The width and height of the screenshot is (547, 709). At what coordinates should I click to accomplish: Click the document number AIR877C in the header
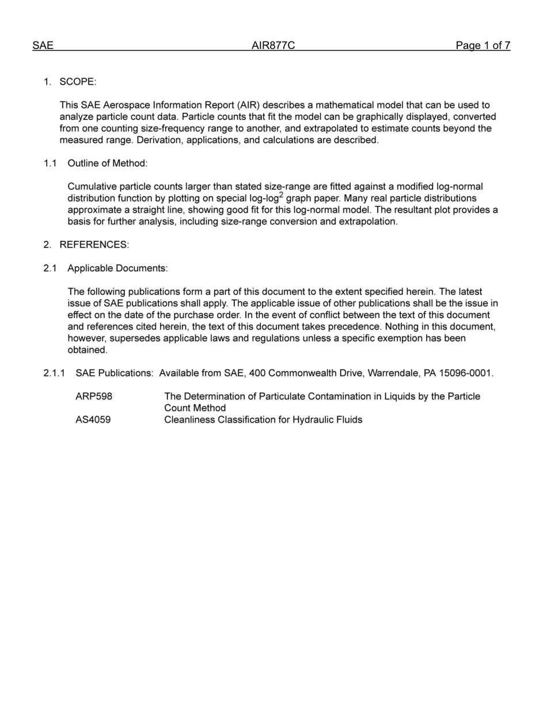pos(273,46)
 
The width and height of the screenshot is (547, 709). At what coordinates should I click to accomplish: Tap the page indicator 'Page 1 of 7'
pos(483,46)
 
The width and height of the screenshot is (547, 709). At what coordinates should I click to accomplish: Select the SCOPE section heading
pos(78,82)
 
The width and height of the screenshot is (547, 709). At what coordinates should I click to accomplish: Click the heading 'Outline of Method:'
pos(108,163)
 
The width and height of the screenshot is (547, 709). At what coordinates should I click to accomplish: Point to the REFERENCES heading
pos(94,244)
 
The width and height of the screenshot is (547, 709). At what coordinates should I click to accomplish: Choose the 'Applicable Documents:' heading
pos(117,268)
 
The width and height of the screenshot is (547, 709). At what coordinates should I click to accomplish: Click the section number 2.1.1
pos(54,373)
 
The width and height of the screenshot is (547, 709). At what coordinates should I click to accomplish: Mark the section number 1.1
pos(50,163)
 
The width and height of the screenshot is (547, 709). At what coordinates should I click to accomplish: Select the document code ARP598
pos(94,397)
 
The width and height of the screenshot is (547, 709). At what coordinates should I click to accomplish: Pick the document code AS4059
pos(93,420)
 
